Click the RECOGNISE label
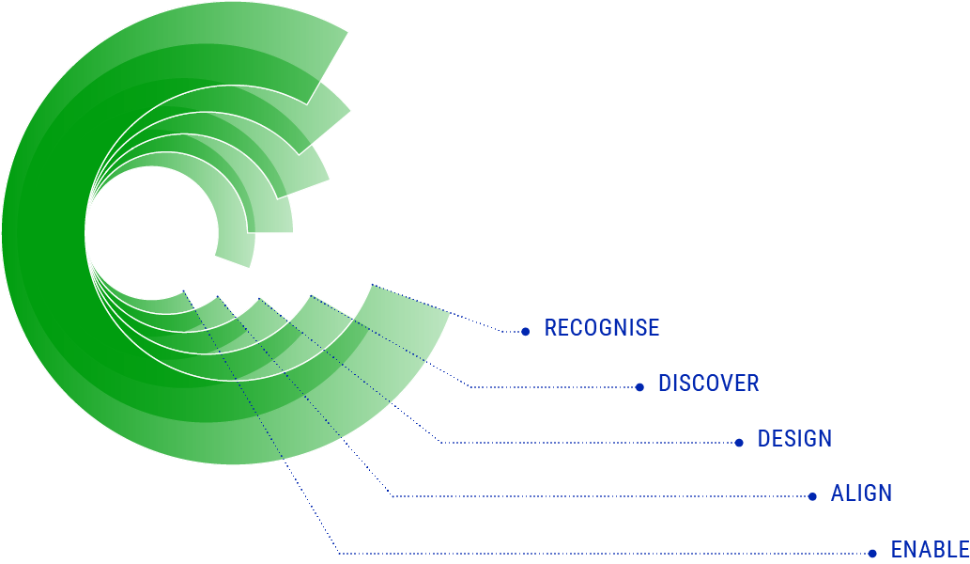(602, 328)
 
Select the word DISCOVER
(708, 384)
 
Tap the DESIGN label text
(794, 439)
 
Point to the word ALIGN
(861, 493)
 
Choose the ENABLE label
(929, 550)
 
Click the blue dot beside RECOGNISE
(525, 331)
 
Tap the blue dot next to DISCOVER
(639, 386)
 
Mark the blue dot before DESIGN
(739, 442)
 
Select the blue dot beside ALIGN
(812, 496)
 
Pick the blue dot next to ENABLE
(872, 553)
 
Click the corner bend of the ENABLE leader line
(338, 553)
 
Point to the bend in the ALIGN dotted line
(392, 496)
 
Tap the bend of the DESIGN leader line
(439, 442)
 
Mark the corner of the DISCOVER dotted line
(470, 386)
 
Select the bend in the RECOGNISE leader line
(503, 331)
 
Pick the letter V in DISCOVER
(725, 384)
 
